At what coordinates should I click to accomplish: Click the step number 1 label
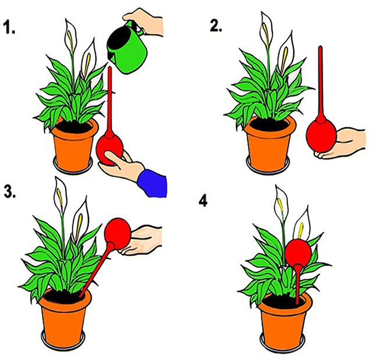tap(9, 27)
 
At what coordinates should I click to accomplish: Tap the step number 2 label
tap(216, 26)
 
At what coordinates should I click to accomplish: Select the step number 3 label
tap(10, 191)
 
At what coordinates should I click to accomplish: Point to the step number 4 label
tap(203, 201)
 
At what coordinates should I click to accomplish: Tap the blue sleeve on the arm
tap(152, 183)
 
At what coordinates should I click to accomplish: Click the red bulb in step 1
tap(109, 150)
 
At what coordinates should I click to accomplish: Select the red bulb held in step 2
tap(321, 136)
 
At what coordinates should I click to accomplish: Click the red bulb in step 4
tap(298, 252)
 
